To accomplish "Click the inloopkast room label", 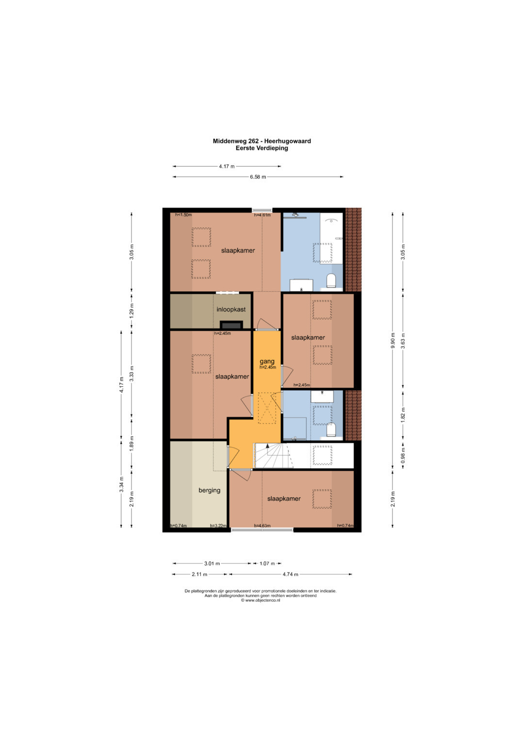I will [x=231, y=309].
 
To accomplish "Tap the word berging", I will [x=209, y=490].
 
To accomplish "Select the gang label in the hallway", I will [x=267, y=361].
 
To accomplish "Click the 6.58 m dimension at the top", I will [x=258, y=177].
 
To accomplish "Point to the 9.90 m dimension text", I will [x=393, y=341].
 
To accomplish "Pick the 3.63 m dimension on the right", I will [x=403, y=341].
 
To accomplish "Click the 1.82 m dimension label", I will [x=403, y=415].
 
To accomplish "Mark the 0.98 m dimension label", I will [x=403, y=456].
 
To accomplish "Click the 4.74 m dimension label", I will [x=290, y=574].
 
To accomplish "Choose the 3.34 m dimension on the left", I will [x=121, y=484].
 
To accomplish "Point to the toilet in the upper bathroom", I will [x=331, y=280].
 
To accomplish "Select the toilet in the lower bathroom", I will [x=331, y=429].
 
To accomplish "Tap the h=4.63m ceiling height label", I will [x=262, y=526].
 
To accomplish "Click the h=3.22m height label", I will [x=218, y=526].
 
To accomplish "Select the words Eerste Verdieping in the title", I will [x=262, y=148].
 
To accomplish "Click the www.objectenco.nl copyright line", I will [x=261, y=600].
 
